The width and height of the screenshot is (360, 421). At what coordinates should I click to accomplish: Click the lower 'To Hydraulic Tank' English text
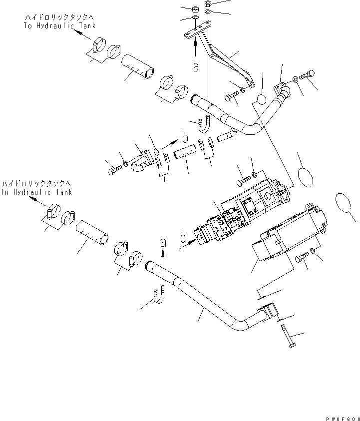coord(36,192)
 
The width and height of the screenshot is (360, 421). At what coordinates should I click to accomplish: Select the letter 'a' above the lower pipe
coord(163,243)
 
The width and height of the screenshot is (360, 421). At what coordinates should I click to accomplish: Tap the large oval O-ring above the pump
coord(306,178)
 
